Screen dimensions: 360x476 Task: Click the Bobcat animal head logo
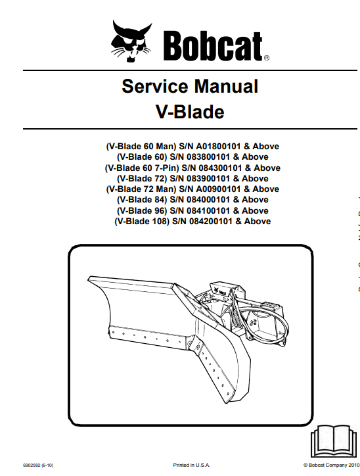[131, 41]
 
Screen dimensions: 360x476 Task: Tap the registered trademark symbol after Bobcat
[266, 58]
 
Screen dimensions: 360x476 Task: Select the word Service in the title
[154, 86]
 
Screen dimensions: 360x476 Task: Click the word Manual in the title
[226, 86]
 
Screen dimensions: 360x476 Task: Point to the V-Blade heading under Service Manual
[190, 112]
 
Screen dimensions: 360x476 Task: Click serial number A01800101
[218, 147]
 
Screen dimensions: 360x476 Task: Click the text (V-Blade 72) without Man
[142, 179]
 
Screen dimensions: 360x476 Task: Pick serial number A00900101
[218, 189]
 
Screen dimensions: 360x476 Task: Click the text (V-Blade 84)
[142, 200]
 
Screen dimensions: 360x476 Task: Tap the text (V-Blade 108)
[142, 222]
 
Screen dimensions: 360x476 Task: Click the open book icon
[333, 440]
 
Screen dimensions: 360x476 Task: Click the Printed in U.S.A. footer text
[191, 465]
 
